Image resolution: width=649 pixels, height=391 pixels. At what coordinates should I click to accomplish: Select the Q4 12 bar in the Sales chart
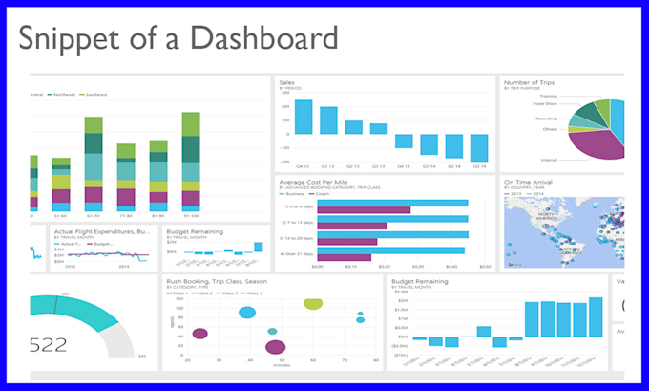pyautogui.click(x=303, y=118)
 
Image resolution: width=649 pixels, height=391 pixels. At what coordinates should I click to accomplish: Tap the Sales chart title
pyautogui.click(x=286, y=83)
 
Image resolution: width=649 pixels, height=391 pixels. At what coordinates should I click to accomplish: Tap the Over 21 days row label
pyautogui.click(x=296, y=253)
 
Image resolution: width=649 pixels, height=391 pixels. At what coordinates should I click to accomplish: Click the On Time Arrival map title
pyautogui.click(x=530, y=182)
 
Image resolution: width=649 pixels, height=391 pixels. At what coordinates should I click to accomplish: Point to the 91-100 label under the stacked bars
pyautogui.click(x=190, y=217)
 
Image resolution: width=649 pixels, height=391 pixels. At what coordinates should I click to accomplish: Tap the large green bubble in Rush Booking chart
pyautogui.click(x=313, y=303)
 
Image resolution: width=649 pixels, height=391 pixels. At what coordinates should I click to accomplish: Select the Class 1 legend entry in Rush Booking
pyautogui.click(x=180, y=292)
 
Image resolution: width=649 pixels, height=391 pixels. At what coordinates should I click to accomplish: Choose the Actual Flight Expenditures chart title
pyautogui.click(x=101, y=231)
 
